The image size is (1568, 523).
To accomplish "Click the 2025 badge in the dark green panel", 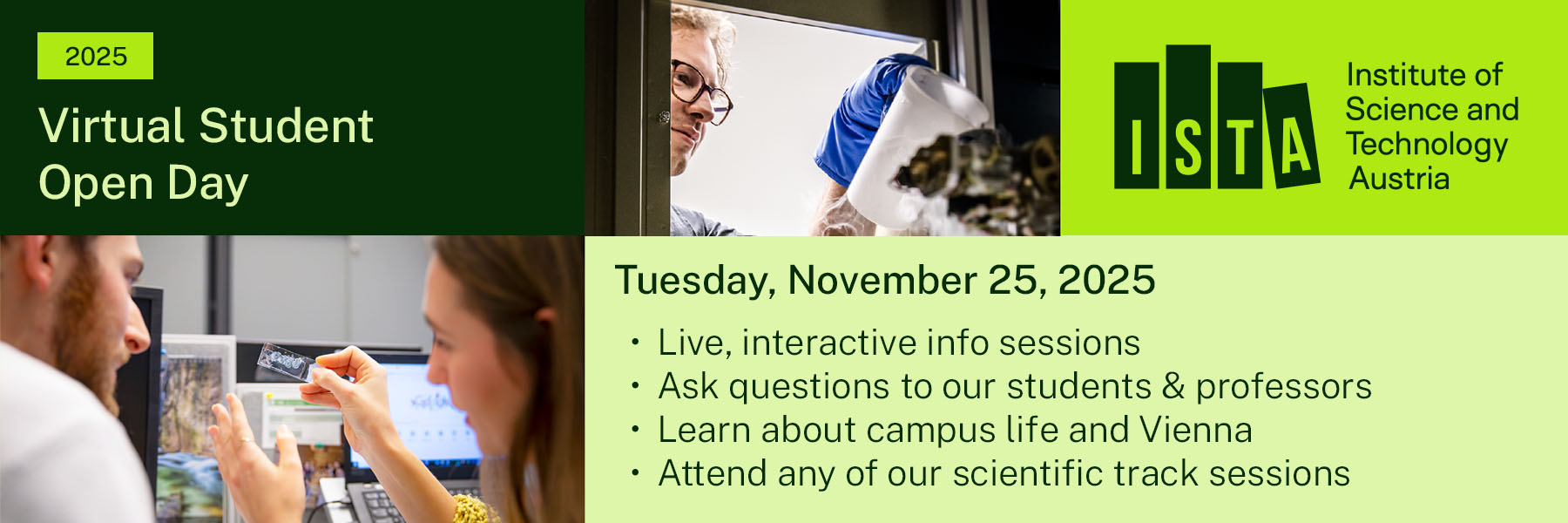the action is (x=95, y=56).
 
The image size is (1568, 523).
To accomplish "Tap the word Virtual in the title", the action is (x=111, y=126).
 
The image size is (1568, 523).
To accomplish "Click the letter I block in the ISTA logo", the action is (x=1136, y=125).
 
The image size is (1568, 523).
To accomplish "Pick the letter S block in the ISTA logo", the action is (x=1188, y=117).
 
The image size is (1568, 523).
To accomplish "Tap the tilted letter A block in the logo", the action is (x=1293, y=136).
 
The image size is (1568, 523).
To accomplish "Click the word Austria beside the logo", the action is (x=1399, y=179).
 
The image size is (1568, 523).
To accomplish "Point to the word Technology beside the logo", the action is (x=1427, y=146).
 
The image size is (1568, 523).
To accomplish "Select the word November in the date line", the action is (x=882, y=280).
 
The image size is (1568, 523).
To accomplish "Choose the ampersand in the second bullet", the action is (x=1173, y=386).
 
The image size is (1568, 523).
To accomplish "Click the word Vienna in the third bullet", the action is (x=1196, y=430).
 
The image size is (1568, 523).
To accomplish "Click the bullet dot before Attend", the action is (x=636, y=473).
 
